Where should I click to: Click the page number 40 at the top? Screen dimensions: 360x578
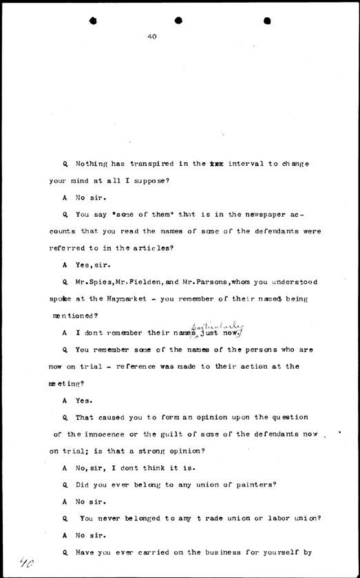click(152, 37)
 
